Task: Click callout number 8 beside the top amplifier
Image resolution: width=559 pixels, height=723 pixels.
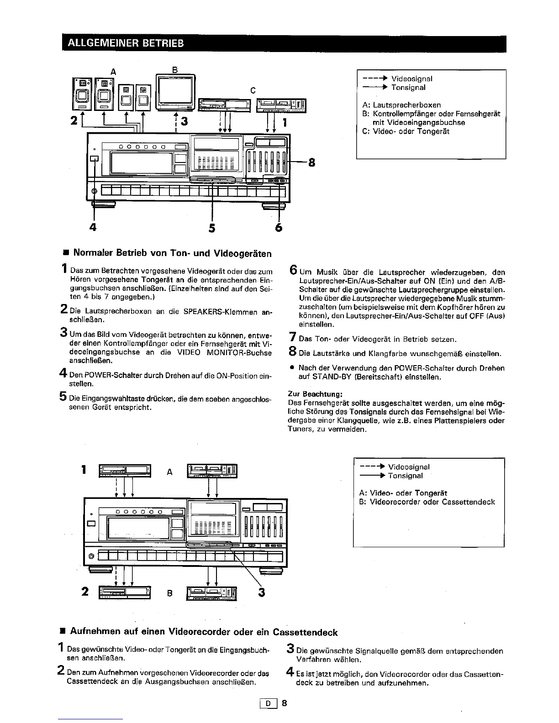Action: click(x=311, y=162)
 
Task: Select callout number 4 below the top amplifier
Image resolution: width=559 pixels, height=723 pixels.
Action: click(x=93, y=227)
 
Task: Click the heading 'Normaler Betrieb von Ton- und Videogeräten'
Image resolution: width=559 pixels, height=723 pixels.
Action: click(x=172, y=253)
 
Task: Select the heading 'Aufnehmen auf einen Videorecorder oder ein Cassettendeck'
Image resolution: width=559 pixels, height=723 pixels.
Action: click(x=204, y=632)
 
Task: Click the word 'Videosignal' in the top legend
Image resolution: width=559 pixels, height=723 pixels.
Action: click(x=411, y=79)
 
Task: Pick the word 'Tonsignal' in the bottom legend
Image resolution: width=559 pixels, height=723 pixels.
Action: click(x=405, y=476)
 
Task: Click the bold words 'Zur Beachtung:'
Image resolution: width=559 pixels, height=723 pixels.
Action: click(x=315, y=394)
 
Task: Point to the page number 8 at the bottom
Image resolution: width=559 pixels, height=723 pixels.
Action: click(x=284, y=703)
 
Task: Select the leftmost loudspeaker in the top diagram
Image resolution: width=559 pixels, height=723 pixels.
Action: click(x=83, y=94)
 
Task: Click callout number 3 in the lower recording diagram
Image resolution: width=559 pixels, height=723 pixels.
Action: click(x=262, y=592)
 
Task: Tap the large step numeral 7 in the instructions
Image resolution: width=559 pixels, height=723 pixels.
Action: click(x=292, y=339)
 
